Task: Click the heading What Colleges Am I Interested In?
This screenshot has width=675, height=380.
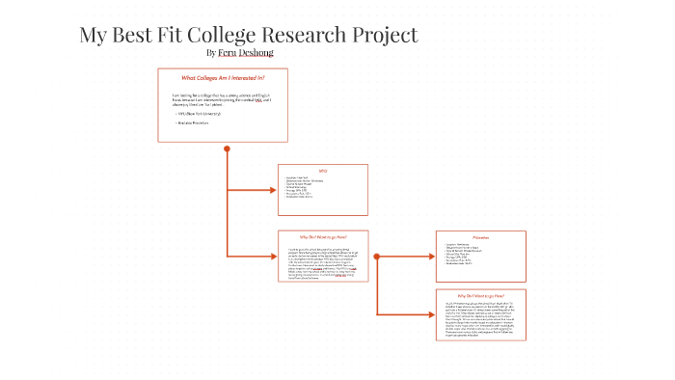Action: coord(223,77)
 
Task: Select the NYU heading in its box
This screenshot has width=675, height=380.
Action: coord(323,171)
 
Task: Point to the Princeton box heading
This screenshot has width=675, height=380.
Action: coord(481,237)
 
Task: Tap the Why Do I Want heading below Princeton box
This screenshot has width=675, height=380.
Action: coord(481,295)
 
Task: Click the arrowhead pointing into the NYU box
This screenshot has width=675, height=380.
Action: coord(273,190)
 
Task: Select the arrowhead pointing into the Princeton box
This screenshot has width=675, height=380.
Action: coord(432,257)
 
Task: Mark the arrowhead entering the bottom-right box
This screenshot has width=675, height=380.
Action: coord(432,314)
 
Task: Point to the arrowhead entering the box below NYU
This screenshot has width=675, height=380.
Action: coord(273,257)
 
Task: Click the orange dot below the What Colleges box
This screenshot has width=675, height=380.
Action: coord(227,149)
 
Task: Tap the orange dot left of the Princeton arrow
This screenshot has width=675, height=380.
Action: coord(376,257)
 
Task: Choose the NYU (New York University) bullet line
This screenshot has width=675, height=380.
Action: coord(193,114)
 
